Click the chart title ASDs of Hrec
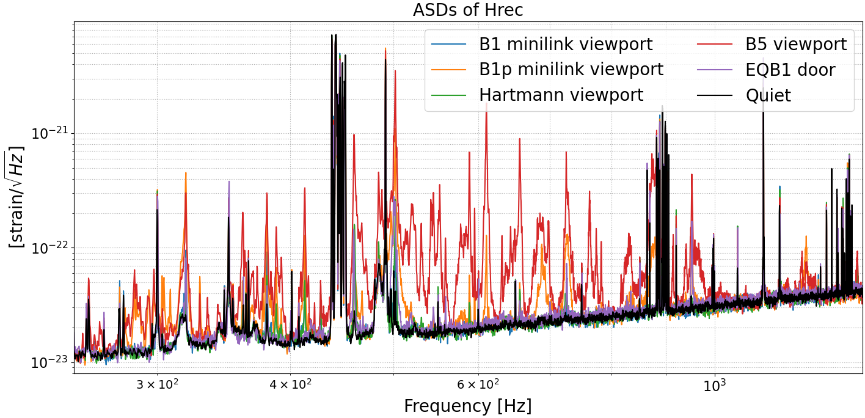point(468,10)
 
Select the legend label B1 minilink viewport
point(566,44)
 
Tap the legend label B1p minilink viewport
point(571,70)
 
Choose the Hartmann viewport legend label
point(561,95)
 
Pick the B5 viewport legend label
point(796,44)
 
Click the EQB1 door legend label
point(790,70)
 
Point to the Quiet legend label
point(768,95)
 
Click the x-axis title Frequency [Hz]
point(467,406)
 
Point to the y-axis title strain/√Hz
point(16,197)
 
